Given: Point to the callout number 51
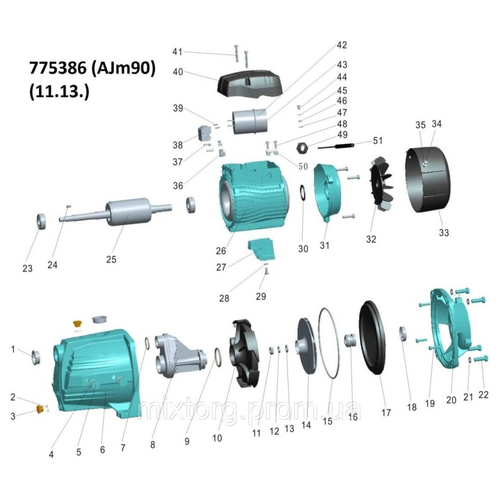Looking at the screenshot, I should [x=377, y=141].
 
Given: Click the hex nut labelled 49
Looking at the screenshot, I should [x=302, y=147].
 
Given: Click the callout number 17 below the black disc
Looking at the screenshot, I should [x=386, y=412].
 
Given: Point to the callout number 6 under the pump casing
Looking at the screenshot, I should [x=103, y=450].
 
